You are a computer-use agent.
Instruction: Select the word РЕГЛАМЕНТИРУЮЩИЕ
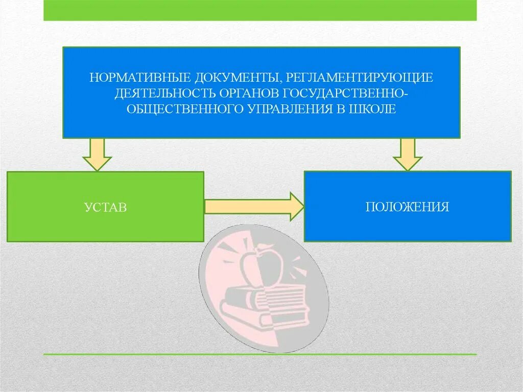click(x=360, y=78)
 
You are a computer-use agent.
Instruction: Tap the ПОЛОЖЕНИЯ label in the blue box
click(x=407, y=206)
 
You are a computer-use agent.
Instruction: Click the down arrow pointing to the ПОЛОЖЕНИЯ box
click(x=407, y=154)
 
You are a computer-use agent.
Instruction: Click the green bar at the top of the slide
click(x=260, y=10)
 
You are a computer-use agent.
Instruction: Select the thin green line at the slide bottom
click(x=260, y=354)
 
